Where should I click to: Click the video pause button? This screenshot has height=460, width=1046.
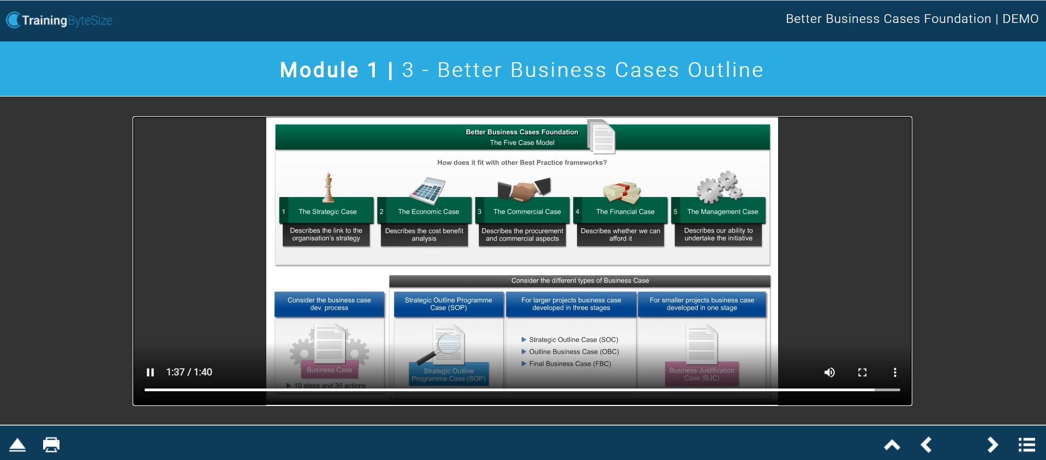click(x=150, y=372)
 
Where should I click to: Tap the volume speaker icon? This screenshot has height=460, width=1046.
click(x=829, y=372)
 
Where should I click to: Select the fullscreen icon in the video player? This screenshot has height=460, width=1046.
click(x=862, y=372)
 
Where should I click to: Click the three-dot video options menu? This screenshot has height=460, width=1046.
click(x=895, y=372)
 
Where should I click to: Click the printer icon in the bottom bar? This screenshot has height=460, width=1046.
click(x=51, y=444)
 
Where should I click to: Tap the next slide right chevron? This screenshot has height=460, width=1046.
click(x=993, y=445)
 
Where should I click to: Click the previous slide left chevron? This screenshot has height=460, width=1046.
click(x=927, y=445)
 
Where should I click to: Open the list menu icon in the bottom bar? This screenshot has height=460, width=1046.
click(x=1026, y=445)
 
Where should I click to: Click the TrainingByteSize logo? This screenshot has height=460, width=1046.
click(x=59, y=20)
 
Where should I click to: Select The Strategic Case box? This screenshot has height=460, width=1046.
click(x=327, y=212)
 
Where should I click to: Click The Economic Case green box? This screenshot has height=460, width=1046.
click(x=428, y=212)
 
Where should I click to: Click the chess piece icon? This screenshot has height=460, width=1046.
click(x=328, y=187)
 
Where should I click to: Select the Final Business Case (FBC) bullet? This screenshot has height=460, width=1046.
click(x=570, y=364)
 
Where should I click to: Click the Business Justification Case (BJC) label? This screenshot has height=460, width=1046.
click(x=702, y=374)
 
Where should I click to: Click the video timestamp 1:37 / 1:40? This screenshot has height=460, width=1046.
click(x=189, y=372)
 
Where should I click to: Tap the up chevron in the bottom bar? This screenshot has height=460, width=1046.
click(x=892, y=445)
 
